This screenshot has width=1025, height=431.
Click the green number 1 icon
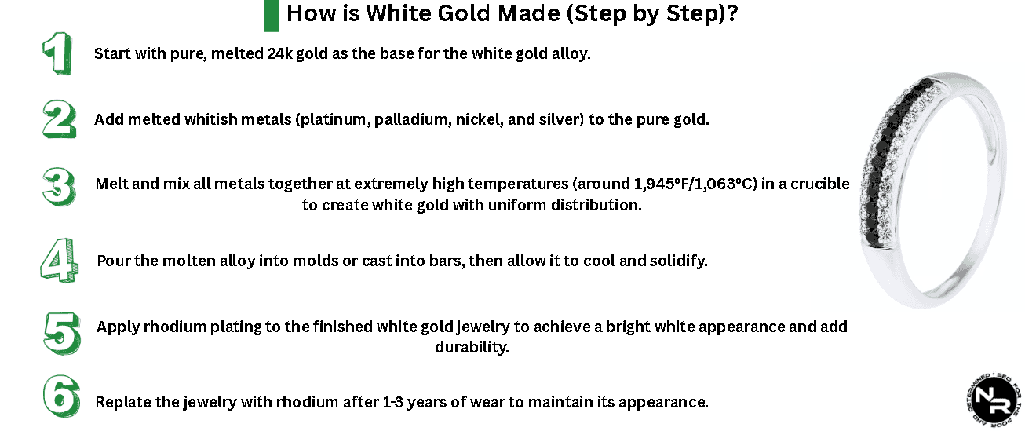[57, 54]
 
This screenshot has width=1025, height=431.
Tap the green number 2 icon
[59, 119]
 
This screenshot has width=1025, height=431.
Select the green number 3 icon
[59, 187]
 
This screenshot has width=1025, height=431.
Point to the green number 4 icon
[58, 260]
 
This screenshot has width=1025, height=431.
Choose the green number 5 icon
[60, 332]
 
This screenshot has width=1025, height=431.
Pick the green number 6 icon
[60, 399]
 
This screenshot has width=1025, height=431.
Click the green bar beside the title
[272, 15]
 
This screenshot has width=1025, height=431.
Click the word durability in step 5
[472, 346]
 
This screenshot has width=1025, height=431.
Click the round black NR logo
[992, 398]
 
